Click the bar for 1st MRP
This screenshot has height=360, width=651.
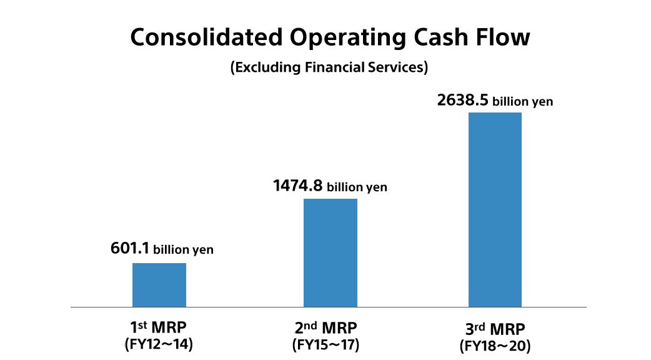(x=159, y=285)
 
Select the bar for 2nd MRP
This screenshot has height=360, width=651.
(x=330, y=252)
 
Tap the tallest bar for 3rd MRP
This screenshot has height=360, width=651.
(x=494, y=209)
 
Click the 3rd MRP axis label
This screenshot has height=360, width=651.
(x=495, y=328)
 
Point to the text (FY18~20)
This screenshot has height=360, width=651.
(x=495, y=345)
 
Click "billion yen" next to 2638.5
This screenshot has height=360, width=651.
(x=523, y=101)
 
